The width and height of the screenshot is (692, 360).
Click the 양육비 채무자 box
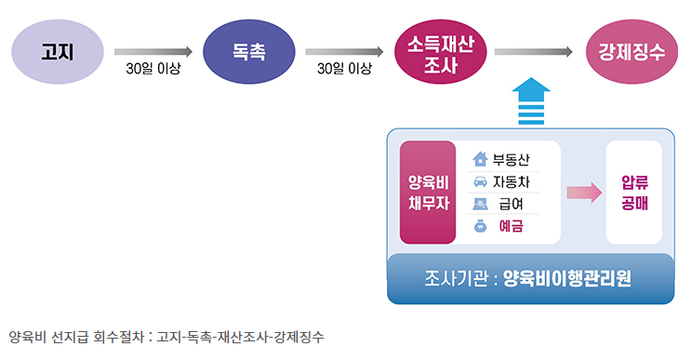point(427,193)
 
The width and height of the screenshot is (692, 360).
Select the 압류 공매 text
point(633,193)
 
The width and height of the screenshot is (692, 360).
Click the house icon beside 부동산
point(481,159)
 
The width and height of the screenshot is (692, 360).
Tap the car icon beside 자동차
point(481,181)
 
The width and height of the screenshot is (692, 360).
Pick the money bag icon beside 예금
point(481,226)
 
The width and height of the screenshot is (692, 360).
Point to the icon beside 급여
point(481,204)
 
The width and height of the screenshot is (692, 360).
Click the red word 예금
point(511,226)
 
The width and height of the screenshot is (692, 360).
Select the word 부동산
point(514,159)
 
